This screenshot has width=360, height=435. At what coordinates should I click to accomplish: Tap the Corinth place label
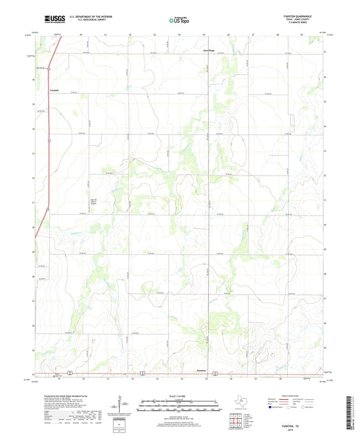(x=56, y=91)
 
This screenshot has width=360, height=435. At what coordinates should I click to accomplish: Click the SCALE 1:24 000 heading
(x=180, y=395)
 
